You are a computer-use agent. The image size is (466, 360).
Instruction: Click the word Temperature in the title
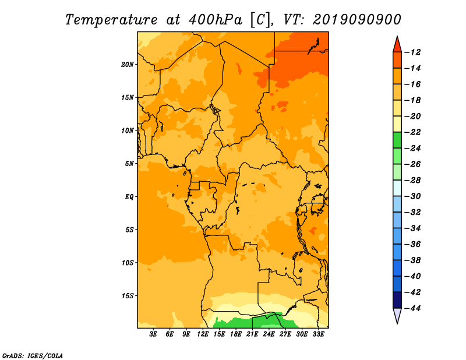click(x=111, y=20)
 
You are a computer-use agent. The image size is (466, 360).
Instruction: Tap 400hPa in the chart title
click(x=216, y=20)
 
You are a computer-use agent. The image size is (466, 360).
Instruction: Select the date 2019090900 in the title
click(x=357, y=20)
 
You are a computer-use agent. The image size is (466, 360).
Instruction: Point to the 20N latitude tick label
click(x=128, y=65)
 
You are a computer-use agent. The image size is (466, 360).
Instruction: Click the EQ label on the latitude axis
click(x=129, y=197)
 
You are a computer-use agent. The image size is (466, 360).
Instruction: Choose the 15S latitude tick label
click(x=128, y=296)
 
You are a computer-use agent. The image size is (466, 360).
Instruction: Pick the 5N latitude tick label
click(x=129, y=164)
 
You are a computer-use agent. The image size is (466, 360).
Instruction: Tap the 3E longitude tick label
click(x=153, y=334)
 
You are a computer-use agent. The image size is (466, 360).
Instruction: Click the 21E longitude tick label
click(x=252, y=334)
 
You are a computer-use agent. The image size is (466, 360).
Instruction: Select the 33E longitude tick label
click(x=319, y=334)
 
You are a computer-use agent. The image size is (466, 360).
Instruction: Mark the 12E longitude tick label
click(x=203, y=334)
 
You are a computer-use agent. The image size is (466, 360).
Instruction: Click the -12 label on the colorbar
click(x=413, y=52)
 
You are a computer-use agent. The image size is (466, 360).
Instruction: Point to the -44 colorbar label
click(x=413, y=308)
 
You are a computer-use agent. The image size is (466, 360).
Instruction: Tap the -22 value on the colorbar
click(x=413, y=132)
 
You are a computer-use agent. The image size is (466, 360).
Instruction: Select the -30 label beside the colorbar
click(x=413, y=196)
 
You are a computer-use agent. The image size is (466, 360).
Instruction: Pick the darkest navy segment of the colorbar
click(x=397, y=300)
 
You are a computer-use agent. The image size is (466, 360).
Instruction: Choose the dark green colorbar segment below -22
click(x=397, y=140)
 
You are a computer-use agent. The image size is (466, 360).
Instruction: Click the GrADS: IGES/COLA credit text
click(x=33, y=356)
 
